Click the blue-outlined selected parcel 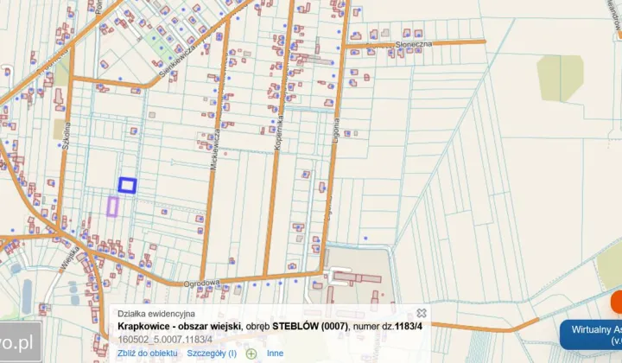pos(127,184)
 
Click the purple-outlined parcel pos(112,205)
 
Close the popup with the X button pos(422,313)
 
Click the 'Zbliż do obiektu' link pos(147,353)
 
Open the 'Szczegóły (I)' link pos(212,353)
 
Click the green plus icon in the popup pos(251,353)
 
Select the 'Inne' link pos(275,353)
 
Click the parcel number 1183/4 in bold pos(409,327)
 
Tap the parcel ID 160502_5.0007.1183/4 pos(165,339)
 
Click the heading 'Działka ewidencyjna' pos(156,314)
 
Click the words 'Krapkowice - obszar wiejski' pos(179,327)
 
